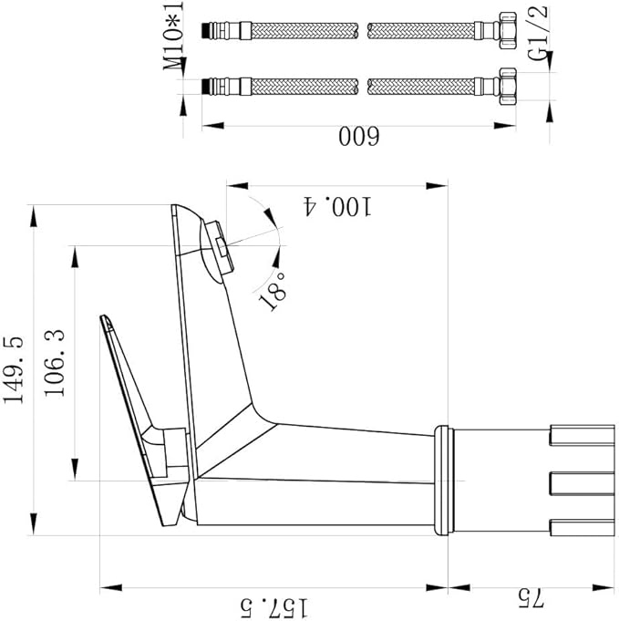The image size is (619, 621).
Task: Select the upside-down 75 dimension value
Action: coord(531,598)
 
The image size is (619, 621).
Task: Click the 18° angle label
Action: coord(275,290)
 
